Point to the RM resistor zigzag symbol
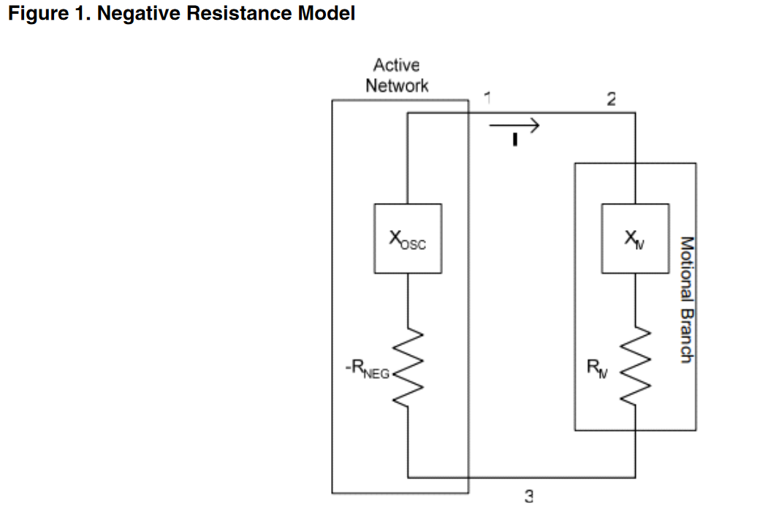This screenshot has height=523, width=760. click(x=634, y=363)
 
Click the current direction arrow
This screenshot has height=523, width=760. click(x=514, y=126)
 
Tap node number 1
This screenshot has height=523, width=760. click(x=487, y=96)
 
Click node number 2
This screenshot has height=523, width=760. click(x=611, y=100)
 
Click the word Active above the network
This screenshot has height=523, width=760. click(x=396, y=66)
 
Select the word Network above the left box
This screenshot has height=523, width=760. click(x=397, y=85)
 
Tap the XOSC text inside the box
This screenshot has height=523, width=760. click(x=408, y=240)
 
